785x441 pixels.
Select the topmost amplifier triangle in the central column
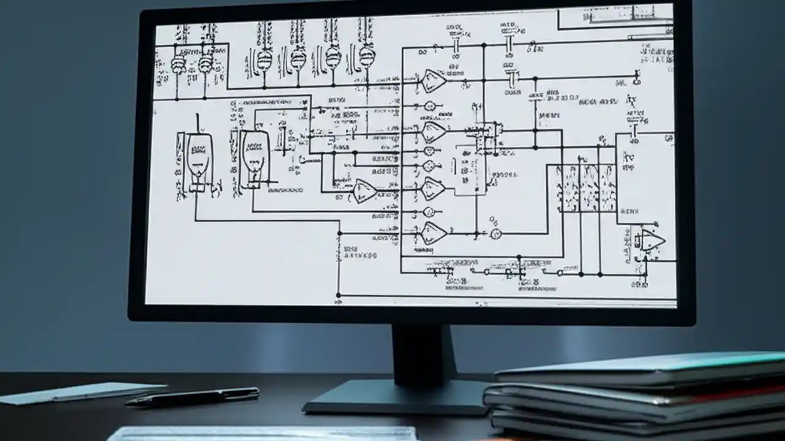point(434,80)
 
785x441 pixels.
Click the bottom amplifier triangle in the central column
point(434,232)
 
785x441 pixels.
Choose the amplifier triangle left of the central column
point(364,192)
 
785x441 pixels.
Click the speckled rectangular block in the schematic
point(586,188)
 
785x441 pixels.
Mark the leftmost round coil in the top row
point(178,63)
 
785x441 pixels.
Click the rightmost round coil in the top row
point(367,57)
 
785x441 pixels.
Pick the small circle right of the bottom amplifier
point(496,233)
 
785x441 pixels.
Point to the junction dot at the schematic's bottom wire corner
point(339,295)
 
